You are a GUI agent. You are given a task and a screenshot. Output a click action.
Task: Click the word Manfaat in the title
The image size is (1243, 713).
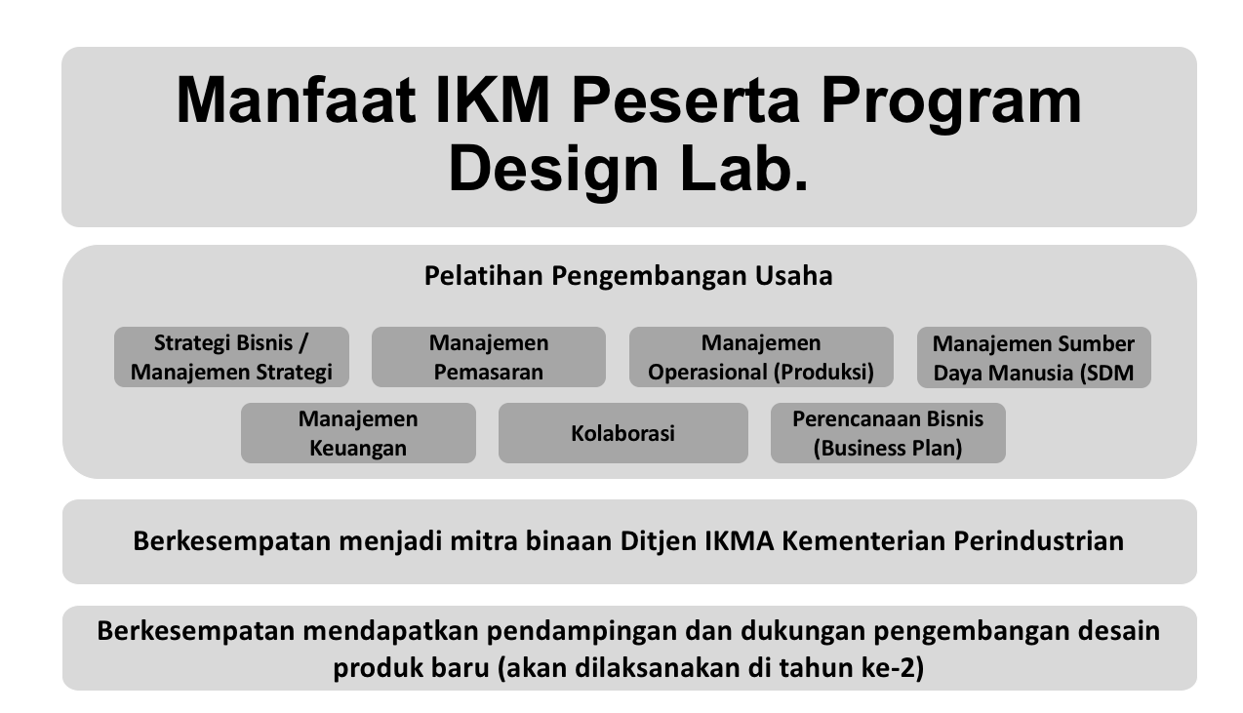pyautogui.click(x=296, y=99)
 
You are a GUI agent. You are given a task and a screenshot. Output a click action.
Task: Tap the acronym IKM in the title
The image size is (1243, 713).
pyautogui.click(x=493, y=99)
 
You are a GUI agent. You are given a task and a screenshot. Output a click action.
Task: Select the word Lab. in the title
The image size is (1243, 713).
pyautogui.click(x=744, y=168)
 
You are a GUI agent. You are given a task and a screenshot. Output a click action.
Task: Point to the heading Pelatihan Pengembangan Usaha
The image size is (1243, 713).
pyautogui.click(x=628, y=276)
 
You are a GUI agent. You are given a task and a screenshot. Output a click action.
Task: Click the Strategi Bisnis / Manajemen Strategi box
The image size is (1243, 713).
pyautogui.click(x=231, y=357)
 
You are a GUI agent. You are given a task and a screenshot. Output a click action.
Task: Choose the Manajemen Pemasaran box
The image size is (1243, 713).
pyautogui.click(x=488, y=357)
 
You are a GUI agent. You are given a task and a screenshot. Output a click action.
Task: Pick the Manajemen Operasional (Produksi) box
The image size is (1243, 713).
pyautogui.click(x=761, y=357)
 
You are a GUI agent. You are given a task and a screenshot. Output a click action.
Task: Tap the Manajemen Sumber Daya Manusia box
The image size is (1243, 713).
pyautogui.click(x=1034, y=357)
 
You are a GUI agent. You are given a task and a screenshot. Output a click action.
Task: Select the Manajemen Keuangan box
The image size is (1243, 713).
pyautogui.click(x=358, y=433)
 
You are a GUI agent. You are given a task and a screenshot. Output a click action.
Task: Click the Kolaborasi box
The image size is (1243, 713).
pyautogui.click(x=622, y=433)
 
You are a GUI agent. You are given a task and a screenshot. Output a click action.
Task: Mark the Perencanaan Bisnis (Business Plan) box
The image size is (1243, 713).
pyautogui.click(x=888, y=433)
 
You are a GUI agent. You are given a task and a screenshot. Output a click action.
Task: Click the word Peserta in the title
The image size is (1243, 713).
pyautogui.click(x=685, y=99)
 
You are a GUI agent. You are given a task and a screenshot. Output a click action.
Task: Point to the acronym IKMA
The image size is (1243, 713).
pyautogui.click(x=740, y=541)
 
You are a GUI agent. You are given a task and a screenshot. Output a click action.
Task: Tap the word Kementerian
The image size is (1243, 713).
pyautogui.click(x=863, y=541)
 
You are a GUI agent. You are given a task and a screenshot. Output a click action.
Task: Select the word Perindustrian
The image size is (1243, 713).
pyautogui.click(x=1038, y=541)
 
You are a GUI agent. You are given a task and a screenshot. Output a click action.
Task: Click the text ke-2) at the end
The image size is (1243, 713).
pyautogui.click(x=893, y=668)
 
